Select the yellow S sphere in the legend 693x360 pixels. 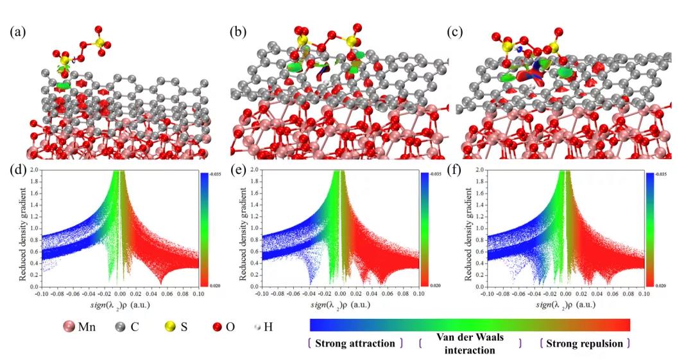166,327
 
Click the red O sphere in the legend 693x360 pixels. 225,327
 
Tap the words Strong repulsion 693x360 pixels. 585,343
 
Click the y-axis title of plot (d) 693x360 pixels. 24,228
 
